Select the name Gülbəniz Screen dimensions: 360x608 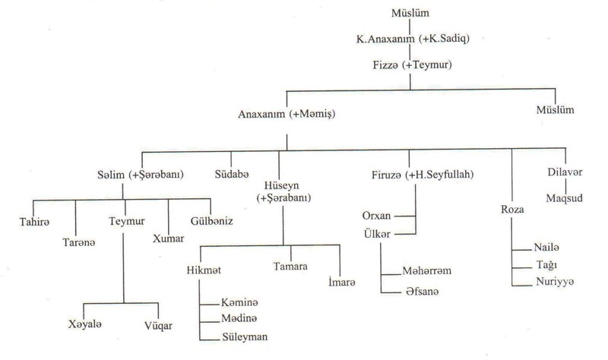(x=211, y=221)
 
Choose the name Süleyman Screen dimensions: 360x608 (x=244, y=336)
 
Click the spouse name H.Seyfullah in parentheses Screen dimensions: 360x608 (x=442, y=175)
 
